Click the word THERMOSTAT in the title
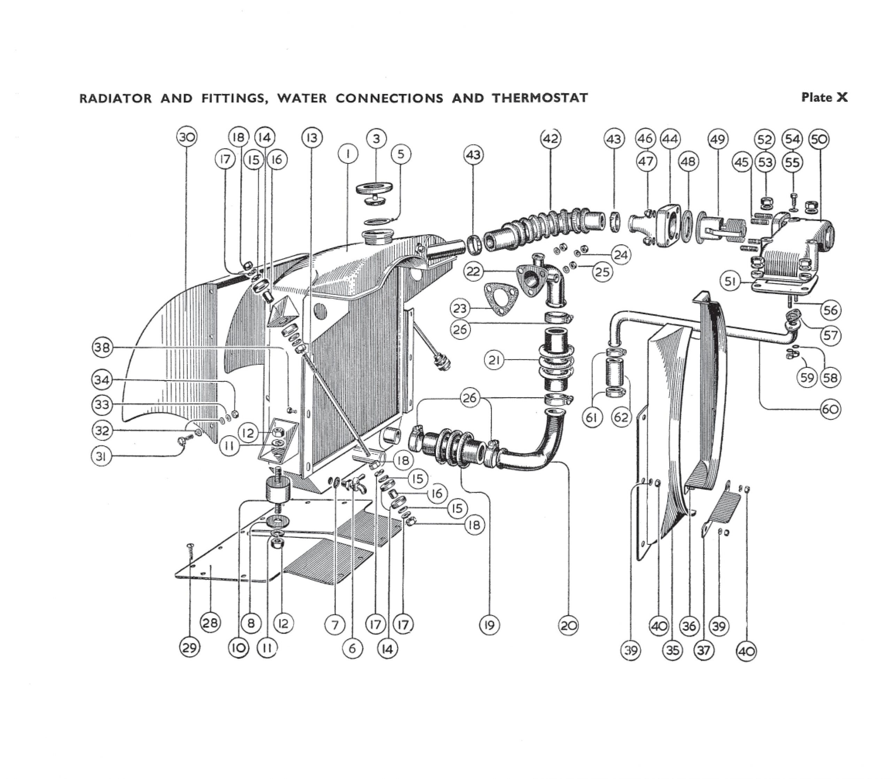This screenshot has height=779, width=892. (540, 98)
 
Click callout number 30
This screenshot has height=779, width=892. (187, 137)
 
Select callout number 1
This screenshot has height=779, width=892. (348, 154)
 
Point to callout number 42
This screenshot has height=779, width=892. (551, 139)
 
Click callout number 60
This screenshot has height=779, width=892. (830, 410)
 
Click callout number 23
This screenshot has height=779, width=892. (460, 309)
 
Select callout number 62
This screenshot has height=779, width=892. (621, 417)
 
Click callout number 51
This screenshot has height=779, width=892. (730, 282)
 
